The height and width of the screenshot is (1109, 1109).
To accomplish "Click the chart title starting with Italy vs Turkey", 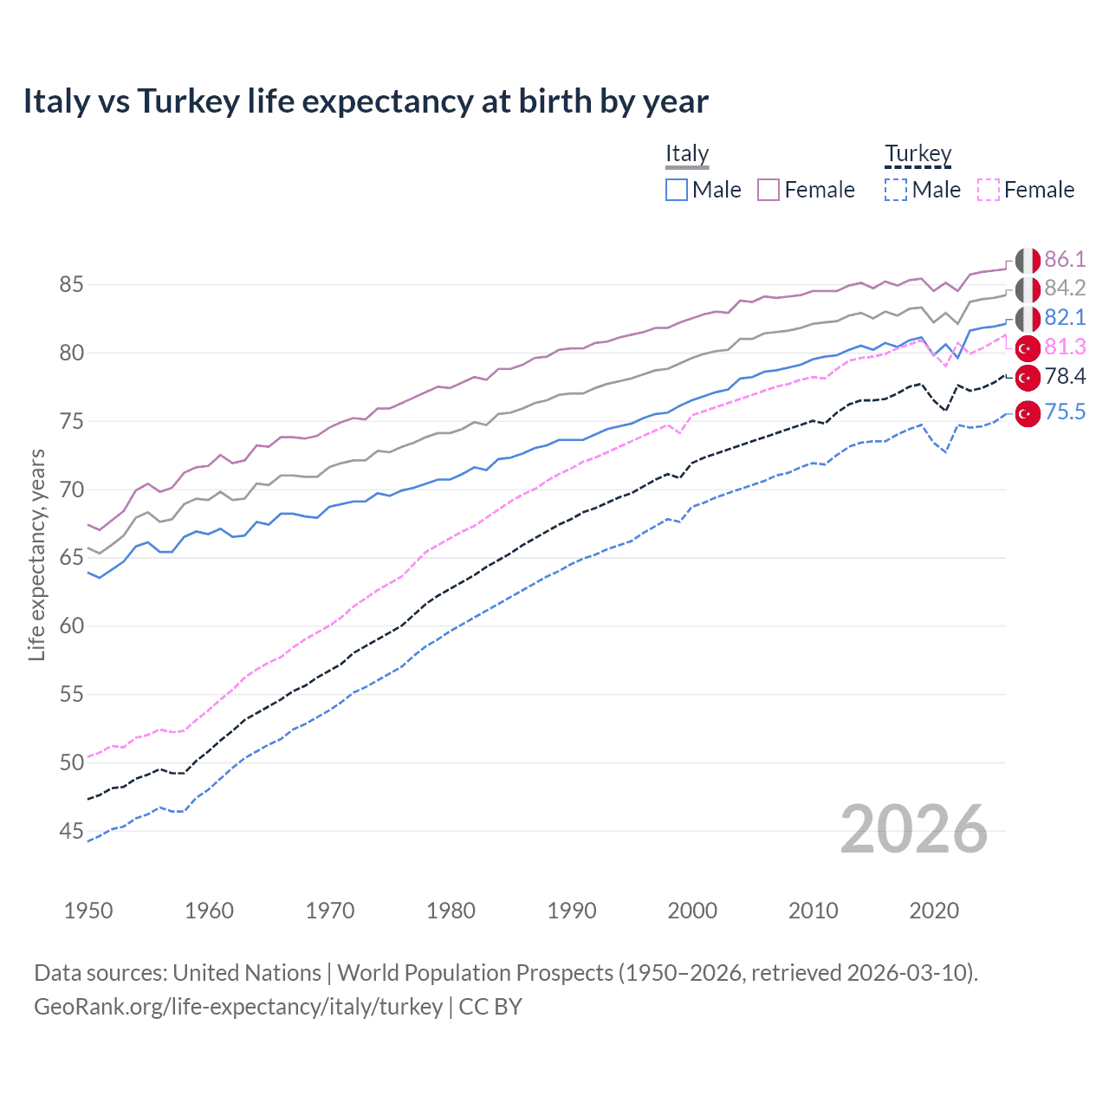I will tap(365, 101).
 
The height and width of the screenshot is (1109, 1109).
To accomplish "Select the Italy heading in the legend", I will tap(687, 153).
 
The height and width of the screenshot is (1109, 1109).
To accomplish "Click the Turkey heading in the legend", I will tap(918, 153).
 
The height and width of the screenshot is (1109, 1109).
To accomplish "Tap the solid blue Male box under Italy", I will tap(677, 190).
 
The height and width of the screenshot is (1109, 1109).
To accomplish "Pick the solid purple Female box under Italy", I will tap(769, 190).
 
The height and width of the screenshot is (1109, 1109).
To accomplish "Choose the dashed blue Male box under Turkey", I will tap(896, 190).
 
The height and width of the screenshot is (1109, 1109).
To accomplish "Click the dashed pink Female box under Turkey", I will tap(989, 190).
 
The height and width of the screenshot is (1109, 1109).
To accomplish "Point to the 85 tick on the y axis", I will tap(72, 284).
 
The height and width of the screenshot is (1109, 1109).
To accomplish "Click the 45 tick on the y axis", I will tap(72, 831).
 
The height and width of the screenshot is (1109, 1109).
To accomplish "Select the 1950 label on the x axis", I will tap(88, 911).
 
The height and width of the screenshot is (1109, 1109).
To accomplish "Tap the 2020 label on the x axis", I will tap(934, 911).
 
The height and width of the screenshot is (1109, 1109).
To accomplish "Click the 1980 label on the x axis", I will tap(451, 911).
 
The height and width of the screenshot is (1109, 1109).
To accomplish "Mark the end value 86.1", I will tap(1065, 259).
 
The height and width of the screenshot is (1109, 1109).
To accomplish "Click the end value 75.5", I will tap(1065, 412).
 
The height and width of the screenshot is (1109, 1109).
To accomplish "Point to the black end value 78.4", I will tap(1065, 376).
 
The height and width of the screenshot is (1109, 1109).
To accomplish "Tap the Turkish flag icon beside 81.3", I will tap(1028, 348).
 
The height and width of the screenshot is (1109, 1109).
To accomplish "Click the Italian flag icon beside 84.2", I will tap(1028, 289).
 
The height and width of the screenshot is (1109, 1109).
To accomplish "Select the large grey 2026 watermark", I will tap(913, 829).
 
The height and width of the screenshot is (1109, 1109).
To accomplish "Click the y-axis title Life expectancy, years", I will tap(36, 554).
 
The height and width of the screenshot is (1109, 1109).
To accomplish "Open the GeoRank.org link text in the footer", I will tap(238, 1007).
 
